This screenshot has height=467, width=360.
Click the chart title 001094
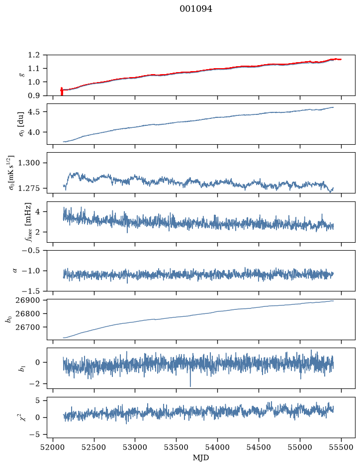coord(195,9)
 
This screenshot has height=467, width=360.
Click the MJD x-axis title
coord(201,458)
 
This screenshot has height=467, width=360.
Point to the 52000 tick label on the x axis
coord(53,447)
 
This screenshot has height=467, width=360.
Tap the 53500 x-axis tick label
coord(177,447)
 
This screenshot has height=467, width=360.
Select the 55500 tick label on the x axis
coord(341,447)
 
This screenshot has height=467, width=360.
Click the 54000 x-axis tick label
coord(217,447)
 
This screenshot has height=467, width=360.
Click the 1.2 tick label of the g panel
coord(34,55)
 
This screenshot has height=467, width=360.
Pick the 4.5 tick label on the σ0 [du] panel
coord(34,112)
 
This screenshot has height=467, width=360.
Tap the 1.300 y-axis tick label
coord(29,163)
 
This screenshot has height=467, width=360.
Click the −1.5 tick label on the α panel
coord(31,291)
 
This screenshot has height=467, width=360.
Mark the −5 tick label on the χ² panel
coord(34,435)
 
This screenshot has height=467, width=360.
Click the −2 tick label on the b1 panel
coord(34,384)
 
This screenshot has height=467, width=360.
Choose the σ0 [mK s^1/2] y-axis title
coord(11,173)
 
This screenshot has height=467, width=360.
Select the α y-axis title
coord(15,271)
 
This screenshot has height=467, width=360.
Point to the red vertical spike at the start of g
coord(62,92)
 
